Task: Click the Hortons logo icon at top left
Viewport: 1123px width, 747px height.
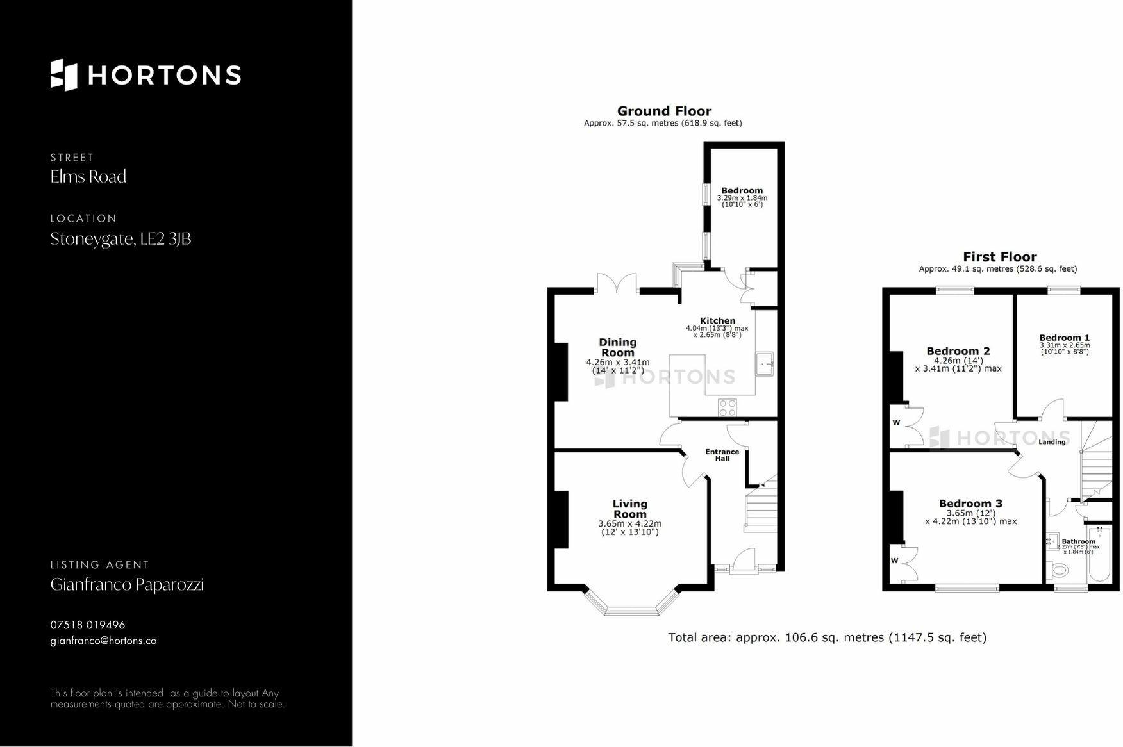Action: click(x=63, y=75)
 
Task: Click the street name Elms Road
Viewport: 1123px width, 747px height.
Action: click(x=88, y=177)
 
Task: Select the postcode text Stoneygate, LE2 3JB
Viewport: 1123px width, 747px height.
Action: click(x=121, y=239)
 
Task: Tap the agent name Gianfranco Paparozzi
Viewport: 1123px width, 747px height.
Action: click(x=127, y=585)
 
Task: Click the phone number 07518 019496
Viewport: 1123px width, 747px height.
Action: click(x=88, y=625)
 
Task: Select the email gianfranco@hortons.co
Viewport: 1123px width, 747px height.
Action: click(x=103, y=641)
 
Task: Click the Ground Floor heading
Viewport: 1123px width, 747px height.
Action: click(x=664, y=111)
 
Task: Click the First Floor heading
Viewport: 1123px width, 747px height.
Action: click(x=1000, y=257)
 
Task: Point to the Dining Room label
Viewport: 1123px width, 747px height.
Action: click(x=617, y=347)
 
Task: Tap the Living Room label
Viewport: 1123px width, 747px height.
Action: click(x=629, y=509)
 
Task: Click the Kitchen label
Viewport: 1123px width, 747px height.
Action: click(x=717, y=321)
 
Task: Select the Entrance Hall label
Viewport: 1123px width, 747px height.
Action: click(x=722, y=455)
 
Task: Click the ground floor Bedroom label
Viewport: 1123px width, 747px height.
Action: click(x=742, y=190)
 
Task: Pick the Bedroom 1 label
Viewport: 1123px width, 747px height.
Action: click(x=1064, y=338)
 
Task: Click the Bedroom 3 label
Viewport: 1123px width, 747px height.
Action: click(x=970, y=504)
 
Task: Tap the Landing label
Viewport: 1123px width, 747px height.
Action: click(x=1052, y=441)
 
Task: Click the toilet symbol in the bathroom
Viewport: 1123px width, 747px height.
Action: click(x=1058, y=569)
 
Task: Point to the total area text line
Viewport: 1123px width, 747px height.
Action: click(x=827, y=637)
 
